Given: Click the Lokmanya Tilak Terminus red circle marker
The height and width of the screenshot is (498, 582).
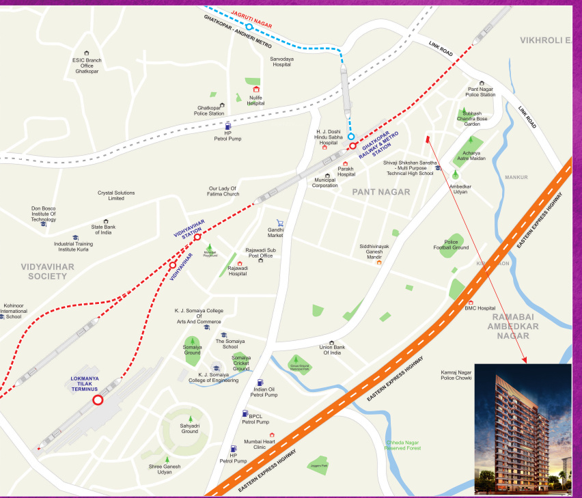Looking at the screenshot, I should (x=98, y=400).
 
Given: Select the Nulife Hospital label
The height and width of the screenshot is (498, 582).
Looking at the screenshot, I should (x=256, y=100).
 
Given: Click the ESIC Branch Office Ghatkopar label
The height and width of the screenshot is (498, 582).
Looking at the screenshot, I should (x=87, y=65).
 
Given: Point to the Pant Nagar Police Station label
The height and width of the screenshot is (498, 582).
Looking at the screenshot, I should (x=481, y=92).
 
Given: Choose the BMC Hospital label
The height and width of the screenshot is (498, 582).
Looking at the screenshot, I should (x=480, y=308).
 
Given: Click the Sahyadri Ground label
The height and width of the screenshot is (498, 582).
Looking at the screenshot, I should (x=190, y=428).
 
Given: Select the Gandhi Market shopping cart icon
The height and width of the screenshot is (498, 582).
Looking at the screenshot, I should (x=280, y=223).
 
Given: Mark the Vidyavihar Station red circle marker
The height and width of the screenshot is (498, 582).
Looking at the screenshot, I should (x=197, y=237).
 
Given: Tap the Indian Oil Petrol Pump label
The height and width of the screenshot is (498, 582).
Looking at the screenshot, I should (x=264, y=391).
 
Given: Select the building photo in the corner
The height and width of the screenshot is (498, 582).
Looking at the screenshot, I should (x=523, y=428).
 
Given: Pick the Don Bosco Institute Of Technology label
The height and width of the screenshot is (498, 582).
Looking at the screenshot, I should (x=43, y=214).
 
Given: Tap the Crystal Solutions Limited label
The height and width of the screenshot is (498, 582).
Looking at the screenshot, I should (x=116, y=195).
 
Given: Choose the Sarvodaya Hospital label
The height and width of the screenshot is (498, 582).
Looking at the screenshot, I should (x=281, y=62).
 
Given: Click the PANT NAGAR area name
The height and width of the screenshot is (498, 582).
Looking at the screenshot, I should (x=381, y=192).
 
